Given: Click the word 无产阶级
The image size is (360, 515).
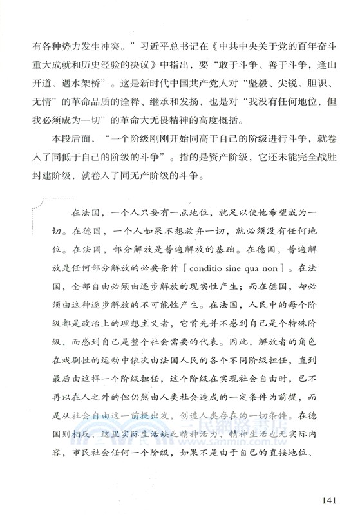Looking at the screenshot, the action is click(184, 195).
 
